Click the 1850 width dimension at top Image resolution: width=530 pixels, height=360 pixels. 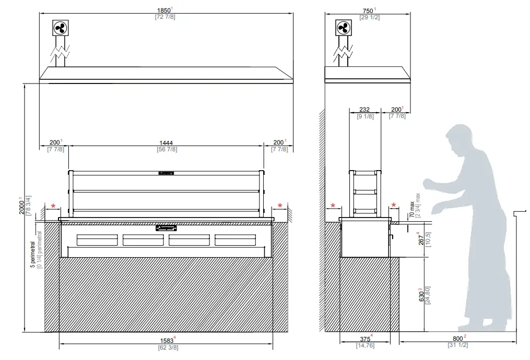[163, 10]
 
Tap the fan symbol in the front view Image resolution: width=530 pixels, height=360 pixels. [61, 28]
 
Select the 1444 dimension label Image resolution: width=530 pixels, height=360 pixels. [166, 142]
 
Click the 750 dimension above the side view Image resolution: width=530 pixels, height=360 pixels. [368, 10]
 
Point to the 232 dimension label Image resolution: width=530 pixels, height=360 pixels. [364, 110]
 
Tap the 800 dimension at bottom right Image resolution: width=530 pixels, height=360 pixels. [457, 338]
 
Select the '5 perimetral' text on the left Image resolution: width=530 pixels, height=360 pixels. [32, 254]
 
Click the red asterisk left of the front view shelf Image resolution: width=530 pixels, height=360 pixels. [53, 206]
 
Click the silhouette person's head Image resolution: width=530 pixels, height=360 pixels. [460, 139]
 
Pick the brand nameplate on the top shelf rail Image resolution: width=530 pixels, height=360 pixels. [166, 172]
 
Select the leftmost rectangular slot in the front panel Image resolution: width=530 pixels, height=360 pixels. [97, 239]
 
